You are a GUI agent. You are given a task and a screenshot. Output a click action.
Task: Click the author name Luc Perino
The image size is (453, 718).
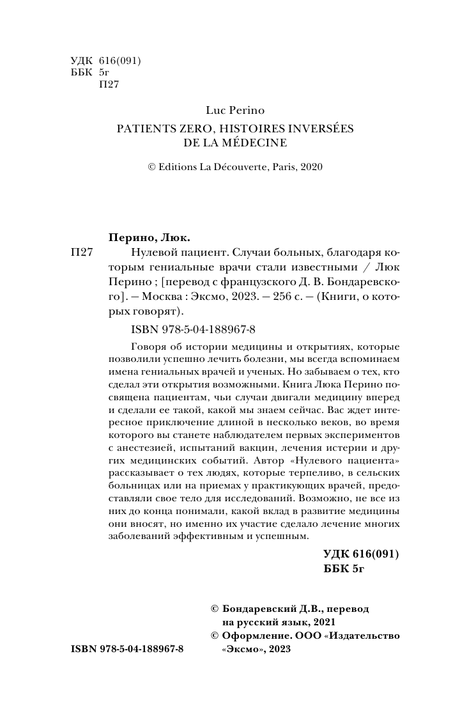pos(234,111)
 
